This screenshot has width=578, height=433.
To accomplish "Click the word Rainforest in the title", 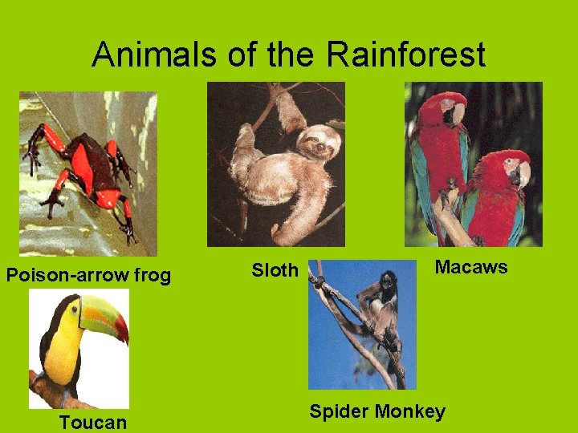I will (x=405, y=55).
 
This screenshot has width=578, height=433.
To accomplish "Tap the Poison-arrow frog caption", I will (x=88, y=276).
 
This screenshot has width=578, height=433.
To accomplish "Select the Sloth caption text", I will (x=275, y=270).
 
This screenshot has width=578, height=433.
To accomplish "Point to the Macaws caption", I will (x=471, y=267).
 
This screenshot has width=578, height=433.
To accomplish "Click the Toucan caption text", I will (x=93, y=423).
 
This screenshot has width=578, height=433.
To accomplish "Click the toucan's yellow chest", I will (x=63, y=353).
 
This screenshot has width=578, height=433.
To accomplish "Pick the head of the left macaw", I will (x=450, y=108).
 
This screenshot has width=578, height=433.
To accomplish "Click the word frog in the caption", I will (x=153, y=276).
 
